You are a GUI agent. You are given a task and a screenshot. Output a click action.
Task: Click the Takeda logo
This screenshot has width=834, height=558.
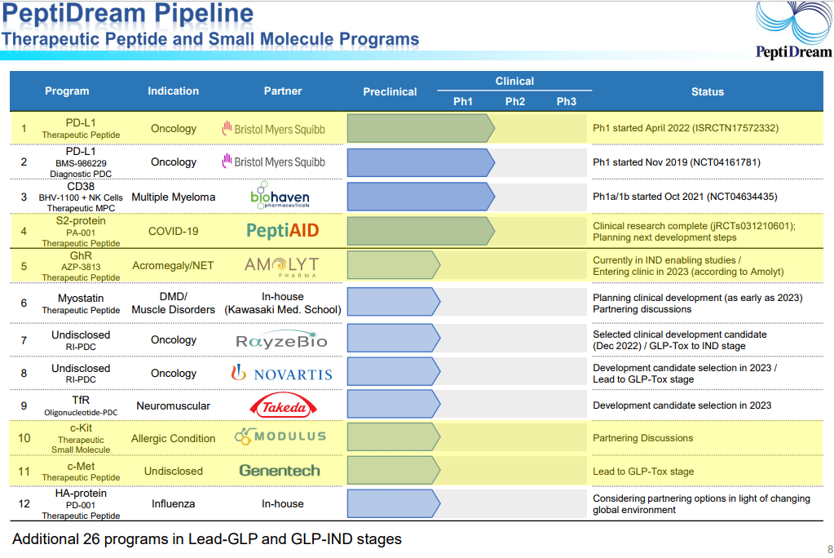(283, 405)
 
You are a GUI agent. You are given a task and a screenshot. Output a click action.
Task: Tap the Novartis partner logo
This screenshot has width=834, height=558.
(282, 374)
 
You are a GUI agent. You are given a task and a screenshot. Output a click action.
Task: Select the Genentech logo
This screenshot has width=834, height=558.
(280, 471)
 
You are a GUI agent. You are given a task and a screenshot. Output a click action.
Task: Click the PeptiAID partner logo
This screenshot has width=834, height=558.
(282, 231)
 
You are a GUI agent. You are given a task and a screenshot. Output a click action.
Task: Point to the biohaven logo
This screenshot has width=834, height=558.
(280, 196)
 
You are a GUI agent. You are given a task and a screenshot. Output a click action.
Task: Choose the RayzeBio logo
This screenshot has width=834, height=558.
(281, 339)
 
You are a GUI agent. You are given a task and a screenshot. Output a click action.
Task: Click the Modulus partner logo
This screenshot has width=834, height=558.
(280, 436)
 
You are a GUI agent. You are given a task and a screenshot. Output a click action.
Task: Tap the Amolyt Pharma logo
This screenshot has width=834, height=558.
(282, 266)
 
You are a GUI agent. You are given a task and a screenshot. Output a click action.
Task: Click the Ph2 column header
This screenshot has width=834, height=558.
(515, 101)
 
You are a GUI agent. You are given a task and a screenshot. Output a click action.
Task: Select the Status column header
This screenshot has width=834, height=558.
(708, 91)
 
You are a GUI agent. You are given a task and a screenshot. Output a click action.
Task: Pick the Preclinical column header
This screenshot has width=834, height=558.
(390, 91)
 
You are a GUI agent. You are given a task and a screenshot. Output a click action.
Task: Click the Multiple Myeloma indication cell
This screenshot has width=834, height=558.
(174, 197)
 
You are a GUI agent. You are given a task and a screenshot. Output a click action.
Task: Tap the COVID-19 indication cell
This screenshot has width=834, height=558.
(174, 231)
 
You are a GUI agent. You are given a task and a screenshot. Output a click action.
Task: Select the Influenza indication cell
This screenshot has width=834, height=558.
(174, 503)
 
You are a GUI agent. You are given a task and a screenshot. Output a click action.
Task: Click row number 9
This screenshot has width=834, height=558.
(24, 405)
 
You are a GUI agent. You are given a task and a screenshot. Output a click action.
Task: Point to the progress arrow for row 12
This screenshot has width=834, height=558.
(394, 503)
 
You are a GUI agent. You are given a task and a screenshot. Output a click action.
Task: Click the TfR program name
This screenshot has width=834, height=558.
(81, 400)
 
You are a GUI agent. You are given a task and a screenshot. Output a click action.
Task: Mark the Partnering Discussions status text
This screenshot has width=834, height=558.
(643, 438)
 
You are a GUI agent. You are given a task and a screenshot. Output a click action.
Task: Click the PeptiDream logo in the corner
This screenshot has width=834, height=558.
(793, 30)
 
